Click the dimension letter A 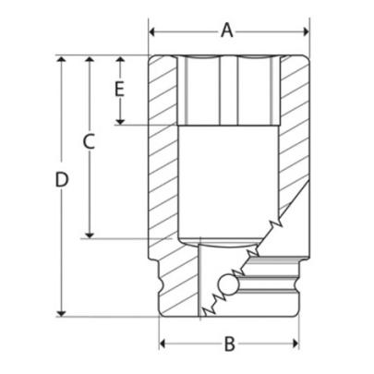tap(227, 30)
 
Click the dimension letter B tap(230, 344)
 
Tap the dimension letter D tap(61, 181)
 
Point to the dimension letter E tap(118, 89)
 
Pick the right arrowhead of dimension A tap(303, 31)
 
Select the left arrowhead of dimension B tap(163, 345)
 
